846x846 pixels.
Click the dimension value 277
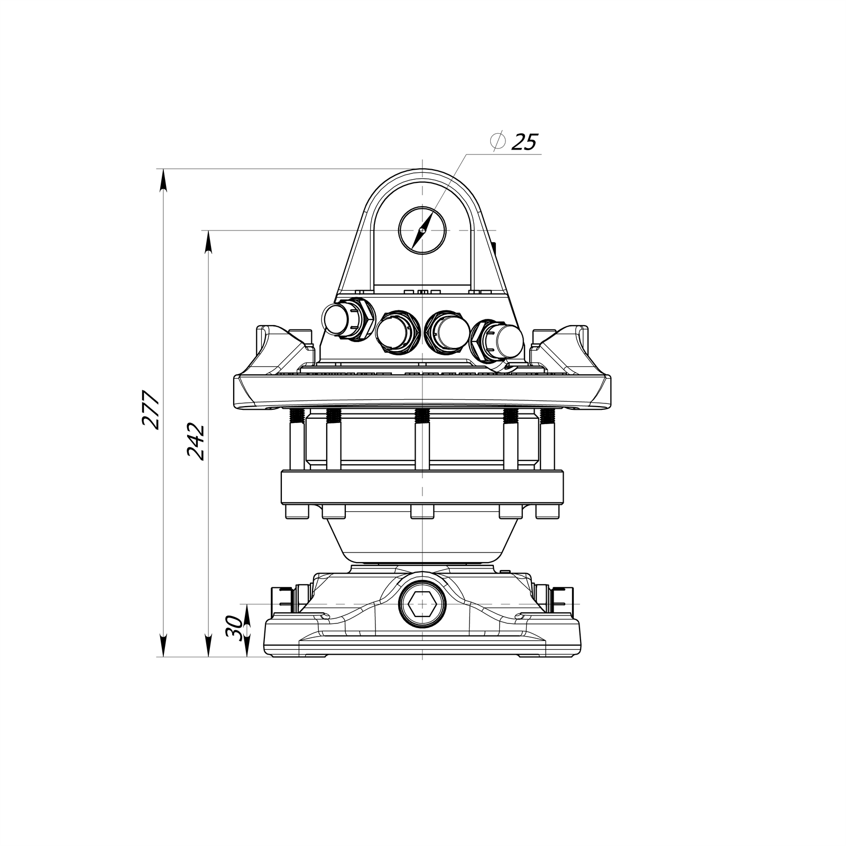pyautogui.click(x=151, y=410)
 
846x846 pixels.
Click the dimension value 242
pyautogui.click(x=196, y=442)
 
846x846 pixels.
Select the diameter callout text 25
pyautogui.click(x=525, y=142)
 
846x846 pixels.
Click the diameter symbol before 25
pyautogui.click(x=497, y=141)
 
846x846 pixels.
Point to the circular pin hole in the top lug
pyautogui.click(x=422, y=231)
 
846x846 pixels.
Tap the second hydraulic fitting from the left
pyautogui.click(x=392, y=332)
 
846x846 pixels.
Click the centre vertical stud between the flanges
pyautogui.click(x=422, y=440)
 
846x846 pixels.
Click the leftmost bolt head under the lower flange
pyautogui.click(x=297, y=512)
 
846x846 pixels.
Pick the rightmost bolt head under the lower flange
pyautogui.click(x=548, y=512)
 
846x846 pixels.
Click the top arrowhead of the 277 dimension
pyautogui.click(x=163, y=180)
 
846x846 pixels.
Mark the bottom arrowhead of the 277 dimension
pyautogui.click(x=163, y=646)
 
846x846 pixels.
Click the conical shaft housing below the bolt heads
pyautogui.click(x=422, y=539)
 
